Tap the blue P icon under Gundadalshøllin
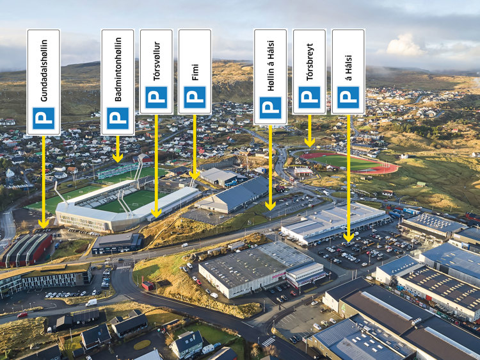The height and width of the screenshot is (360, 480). coord(44,119)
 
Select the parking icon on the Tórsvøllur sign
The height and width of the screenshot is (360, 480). coord(156,97)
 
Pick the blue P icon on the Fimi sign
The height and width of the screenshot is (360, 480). coord(195,97)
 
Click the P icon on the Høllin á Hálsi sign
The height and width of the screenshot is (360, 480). coord(270,108)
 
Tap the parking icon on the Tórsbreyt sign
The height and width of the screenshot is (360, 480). coord(310,97)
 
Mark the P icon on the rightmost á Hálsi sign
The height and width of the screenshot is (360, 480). coord(348,97)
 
